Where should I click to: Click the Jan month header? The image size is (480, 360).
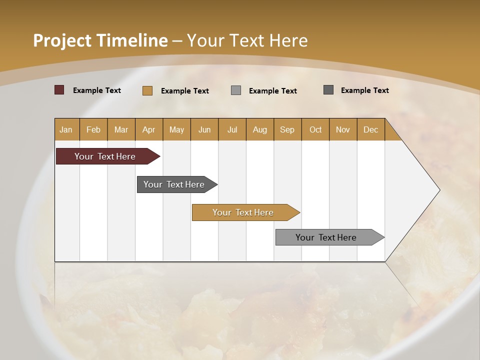(66, 129)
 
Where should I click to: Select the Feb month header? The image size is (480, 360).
(93, 129)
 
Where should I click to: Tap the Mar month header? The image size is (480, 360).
(121, 129)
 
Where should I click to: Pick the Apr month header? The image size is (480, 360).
(149, 129)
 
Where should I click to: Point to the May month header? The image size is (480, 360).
(176, 129)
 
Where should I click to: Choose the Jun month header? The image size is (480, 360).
(204, 129)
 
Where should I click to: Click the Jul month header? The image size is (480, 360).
(232, 129)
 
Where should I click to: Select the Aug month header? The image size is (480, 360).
(260, 129)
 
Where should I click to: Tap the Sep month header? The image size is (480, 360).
(287, 129)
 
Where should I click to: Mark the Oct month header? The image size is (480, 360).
(315, 129)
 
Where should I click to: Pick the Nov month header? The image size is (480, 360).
(343, 129)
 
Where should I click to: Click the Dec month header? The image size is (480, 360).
(370, 129)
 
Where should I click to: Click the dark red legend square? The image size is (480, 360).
(59, 90)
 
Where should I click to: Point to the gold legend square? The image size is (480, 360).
(147, 90)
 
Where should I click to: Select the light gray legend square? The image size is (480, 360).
(236, 90)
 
